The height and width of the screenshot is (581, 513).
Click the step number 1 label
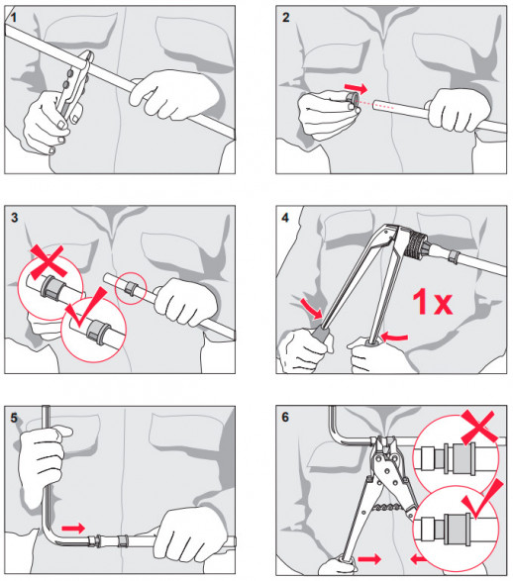click(14, 18)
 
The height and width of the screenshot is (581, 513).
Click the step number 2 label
click(286, 18)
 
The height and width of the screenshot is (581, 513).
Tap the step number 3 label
click(14, 218)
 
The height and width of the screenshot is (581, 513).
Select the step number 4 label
click(285, 218)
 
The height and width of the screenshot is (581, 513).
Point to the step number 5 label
click(14, 418)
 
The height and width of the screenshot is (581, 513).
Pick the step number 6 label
click(285, 418)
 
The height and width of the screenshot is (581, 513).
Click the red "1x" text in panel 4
click(433, 302)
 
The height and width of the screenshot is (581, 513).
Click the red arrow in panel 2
click(356, 88)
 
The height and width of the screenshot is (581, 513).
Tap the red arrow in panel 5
click(73, 528)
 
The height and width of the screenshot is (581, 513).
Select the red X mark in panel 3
click(49, 261)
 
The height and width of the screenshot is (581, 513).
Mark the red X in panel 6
click(478, 427)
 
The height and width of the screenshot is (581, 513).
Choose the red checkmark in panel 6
click(482, 499)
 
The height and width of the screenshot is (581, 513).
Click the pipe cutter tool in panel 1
click(73, 84)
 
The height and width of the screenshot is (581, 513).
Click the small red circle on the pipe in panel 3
click(131, 288)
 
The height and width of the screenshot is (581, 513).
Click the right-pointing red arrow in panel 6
click(369, 559)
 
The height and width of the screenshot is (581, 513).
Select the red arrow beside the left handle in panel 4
click(311, 308)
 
